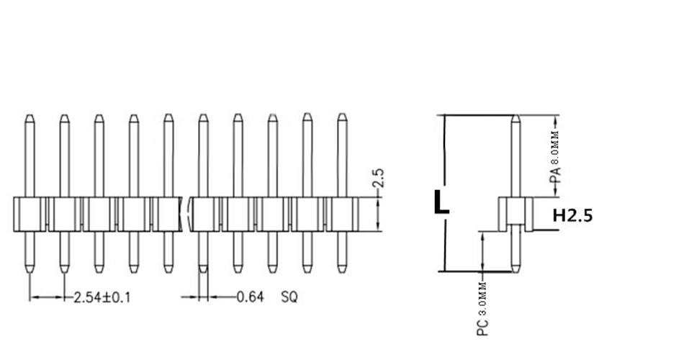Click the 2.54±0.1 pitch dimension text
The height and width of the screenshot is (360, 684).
[x=102, y=297]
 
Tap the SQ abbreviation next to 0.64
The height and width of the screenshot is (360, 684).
[x=289, y=297]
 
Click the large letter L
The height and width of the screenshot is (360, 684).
[x=441, y=202]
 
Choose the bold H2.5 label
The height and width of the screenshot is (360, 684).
[x=572, y=215]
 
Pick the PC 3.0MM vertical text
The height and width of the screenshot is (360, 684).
[x=484, y=310]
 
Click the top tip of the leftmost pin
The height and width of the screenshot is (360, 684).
[x=29, y=116]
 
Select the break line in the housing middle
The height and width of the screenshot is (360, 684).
[x=189, y=214]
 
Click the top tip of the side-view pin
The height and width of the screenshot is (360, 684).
[x=516, y=117]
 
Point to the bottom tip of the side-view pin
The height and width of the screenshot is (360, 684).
[x=516, y=271]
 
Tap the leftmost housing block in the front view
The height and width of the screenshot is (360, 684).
[x=30, y=214]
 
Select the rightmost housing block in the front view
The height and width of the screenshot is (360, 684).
[x=342, y=214]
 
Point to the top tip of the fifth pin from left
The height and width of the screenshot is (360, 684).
[x=168, y=116]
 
